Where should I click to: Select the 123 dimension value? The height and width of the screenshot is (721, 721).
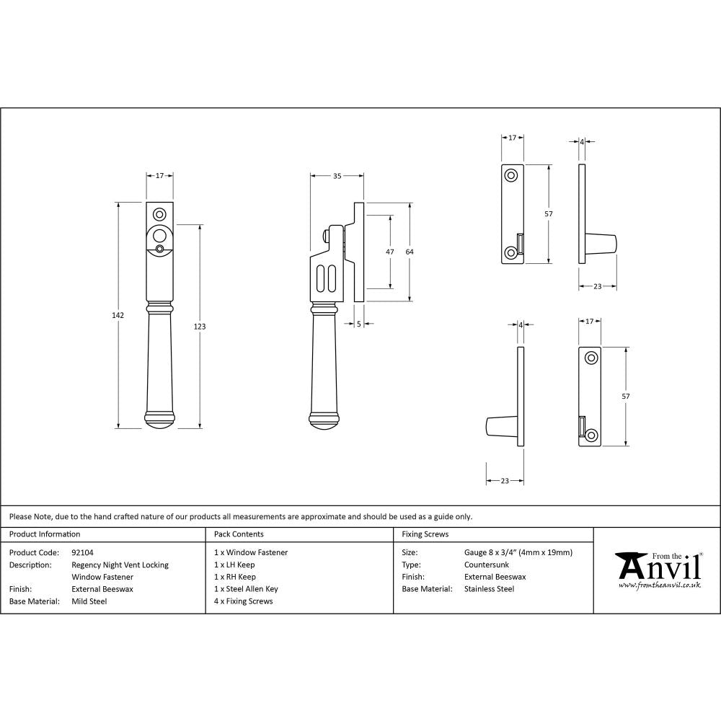(x=200, y=327)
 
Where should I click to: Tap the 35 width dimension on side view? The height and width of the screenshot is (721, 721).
(x=337, y=175)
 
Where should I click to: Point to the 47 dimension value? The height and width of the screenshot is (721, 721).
(x=390, y=252)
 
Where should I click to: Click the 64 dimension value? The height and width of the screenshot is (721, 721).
(x=410, y=252)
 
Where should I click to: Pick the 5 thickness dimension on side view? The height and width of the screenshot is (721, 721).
(x=358, y=324)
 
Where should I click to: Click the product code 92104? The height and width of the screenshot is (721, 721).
(x=83, y=553)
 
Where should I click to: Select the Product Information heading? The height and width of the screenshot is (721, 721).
(x=45, y=534)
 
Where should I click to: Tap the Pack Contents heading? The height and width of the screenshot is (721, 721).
(x=239, y=534)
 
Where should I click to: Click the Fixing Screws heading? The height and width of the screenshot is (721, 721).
(x=425, y=534)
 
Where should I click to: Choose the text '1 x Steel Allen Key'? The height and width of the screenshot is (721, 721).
(x=246, y=589)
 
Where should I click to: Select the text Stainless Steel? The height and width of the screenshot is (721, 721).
(x=490, y=589)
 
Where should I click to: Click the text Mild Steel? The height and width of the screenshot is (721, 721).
(x=89, y=601)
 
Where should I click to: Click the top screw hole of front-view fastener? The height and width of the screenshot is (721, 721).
(x=159, y=213)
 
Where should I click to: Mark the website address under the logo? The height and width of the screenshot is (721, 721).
(x=660, y=585)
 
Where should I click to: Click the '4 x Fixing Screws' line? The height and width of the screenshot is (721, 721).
(x=244, y=601)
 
